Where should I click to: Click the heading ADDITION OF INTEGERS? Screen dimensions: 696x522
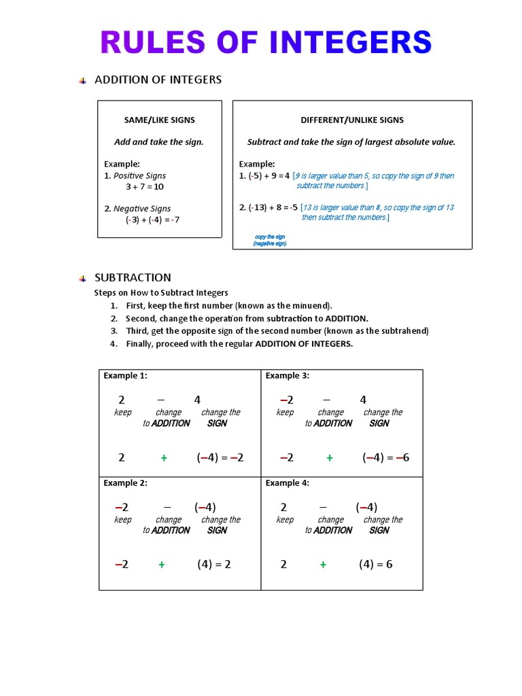click(158, 80)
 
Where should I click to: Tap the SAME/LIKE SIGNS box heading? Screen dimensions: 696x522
click(159, 120)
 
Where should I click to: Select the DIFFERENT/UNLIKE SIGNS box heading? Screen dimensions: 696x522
click(352, 120)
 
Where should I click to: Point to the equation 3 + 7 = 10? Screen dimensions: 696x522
click(144, 186)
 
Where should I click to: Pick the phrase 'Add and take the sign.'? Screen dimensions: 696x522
click(158, 142)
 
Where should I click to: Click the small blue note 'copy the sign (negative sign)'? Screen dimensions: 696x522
click(270, 240)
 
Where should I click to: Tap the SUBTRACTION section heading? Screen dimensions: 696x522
click(133, 277)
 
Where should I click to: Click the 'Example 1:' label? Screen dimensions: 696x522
click(125, 375)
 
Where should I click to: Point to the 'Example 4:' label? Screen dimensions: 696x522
click(288, 483)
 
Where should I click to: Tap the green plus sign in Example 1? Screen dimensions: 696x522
click(164, 458)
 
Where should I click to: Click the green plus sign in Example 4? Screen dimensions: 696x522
click(323, 564)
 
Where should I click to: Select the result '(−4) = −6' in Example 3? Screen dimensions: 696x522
click(385, 457)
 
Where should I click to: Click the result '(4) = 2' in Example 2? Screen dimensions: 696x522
click(214, 564)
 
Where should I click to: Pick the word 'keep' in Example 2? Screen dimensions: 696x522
click(123, 519)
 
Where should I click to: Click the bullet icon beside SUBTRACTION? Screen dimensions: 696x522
click(82, 278)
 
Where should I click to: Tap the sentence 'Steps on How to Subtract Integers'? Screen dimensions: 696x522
click(161, 293)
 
